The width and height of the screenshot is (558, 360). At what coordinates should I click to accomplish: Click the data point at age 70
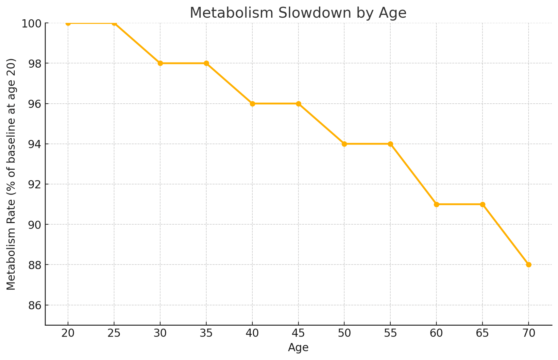point(529,265)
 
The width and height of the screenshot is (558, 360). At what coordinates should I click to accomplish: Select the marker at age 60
point(436,204)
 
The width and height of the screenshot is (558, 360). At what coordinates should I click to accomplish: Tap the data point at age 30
point(160,63)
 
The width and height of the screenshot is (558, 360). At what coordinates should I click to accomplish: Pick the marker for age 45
point(298,104)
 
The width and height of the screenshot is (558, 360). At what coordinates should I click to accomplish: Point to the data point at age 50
point(344,144)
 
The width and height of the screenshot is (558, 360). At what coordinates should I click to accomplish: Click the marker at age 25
point(114,23)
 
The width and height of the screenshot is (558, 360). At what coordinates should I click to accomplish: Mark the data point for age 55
point(390,144)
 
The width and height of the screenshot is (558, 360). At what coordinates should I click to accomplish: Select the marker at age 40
point(252,104)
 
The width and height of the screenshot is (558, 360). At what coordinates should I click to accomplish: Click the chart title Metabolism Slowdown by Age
point(298,13)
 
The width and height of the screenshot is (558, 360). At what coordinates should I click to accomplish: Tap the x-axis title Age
point(298,348)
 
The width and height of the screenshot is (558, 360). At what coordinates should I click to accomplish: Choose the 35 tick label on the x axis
point(206,334)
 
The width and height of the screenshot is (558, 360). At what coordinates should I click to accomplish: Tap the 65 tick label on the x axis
point(482,334)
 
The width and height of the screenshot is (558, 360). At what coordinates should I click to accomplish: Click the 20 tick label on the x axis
point(68,334)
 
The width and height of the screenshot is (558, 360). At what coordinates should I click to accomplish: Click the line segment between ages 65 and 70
point(505,234)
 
